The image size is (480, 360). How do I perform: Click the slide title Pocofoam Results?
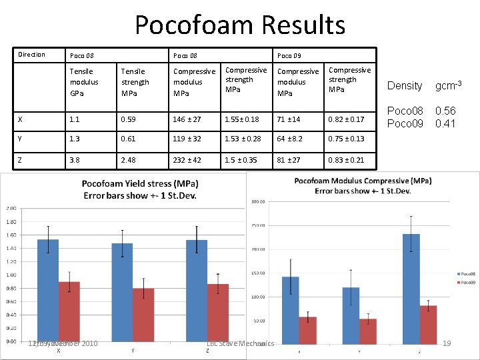tap(240, 25)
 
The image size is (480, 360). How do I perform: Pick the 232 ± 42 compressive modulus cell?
tap(188, 160)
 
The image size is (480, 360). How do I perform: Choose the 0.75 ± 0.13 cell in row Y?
tap(346, 139)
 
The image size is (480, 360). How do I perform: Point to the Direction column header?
tap(31, 55)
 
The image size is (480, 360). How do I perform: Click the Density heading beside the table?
tap(405, 86)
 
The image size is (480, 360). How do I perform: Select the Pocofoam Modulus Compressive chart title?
tap(353, 185)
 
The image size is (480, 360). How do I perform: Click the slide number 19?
tap(446, 343)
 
